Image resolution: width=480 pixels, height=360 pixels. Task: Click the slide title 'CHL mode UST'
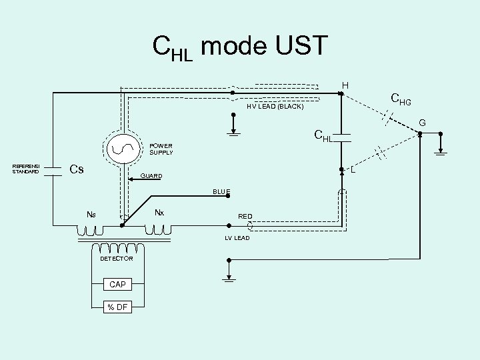coord(240,47)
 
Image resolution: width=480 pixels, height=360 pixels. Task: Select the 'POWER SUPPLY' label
coord(161,149)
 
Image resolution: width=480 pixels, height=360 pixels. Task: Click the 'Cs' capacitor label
coord(77,169)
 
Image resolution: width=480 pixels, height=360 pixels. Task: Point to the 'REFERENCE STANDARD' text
coord(26,169)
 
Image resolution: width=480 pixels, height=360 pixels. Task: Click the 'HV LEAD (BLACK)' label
coord(275,107)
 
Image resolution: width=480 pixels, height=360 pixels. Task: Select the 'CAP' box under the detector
coord(117,285)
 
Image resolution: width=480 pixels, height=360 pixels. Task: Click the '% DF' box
coord(117,307)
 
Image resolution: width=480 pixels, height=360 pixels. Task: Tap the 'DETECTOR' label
coord(117,258)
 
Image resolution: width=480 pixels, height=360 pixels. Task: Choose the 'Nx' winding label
coord(159,213)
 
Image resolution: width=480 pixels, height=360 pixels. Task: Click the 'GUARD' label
coord(151,177)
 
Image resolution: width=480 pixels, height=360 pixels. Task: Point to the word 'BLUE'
coord(221,192)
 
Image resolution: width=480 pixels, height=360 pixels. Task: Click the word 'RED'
coord(245,216)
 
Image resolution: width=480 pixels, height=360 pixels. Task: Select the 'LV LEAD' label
coord(237,238)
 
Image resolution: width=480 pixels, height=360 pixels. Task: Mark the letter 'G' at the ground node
coord(421,123)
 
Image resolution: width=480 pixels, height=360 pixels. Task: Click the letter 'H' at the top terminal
coord(345,85)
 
